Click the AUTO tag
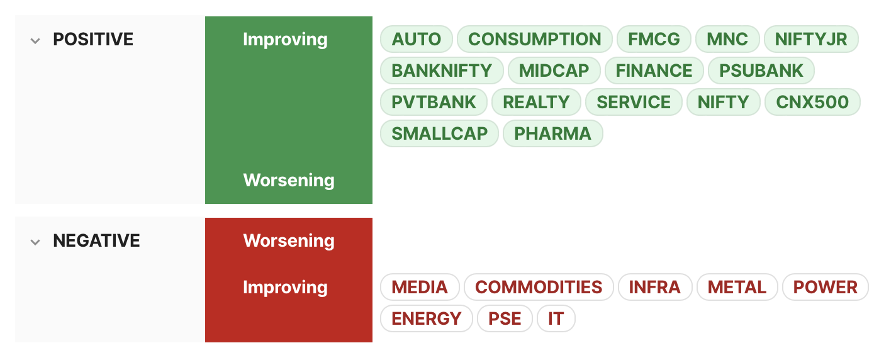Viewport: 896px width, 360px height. coord(417,39)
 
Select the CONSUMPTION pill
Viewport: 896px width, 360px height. coord(535,39)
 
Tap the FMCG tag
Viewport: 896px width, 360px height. coord(654,39)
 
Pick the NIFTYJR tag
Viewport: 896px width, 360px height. coord(811,39)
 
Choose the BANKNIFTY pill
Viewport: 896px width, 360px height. coord(442,70)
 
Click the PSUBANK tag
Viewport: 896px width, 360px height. coord(761,70)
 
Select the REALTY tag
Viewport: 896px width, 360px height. coord(536,102)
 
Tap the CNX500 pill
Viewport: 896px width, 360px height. coord(812,102)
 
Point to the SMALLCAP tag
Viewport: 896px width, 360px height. coord(440,133)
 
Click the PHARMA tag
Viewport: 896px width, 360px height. coord(553,133)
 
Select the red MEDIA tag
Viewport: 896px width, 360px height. coord(420,287)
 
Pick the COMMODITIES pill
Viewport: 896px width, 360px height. coord(539,287)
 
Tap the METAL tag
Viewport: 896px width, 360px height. coord(737,287)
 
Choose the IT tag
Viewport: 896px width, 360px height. coord(556,319)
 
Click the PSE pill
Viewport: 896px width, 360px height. coord(505,319)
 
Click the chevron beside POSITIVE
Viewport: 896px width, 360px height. coord(35,41)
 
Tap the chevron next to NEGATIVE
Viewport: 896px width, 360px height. coord(35,242)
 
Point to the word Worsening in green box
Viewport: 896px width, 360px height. coord(289,181)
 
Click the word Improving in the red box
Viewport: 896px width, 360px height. coord(285,288)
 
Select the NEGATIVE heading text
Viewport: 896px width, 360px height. coord(96,241)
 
